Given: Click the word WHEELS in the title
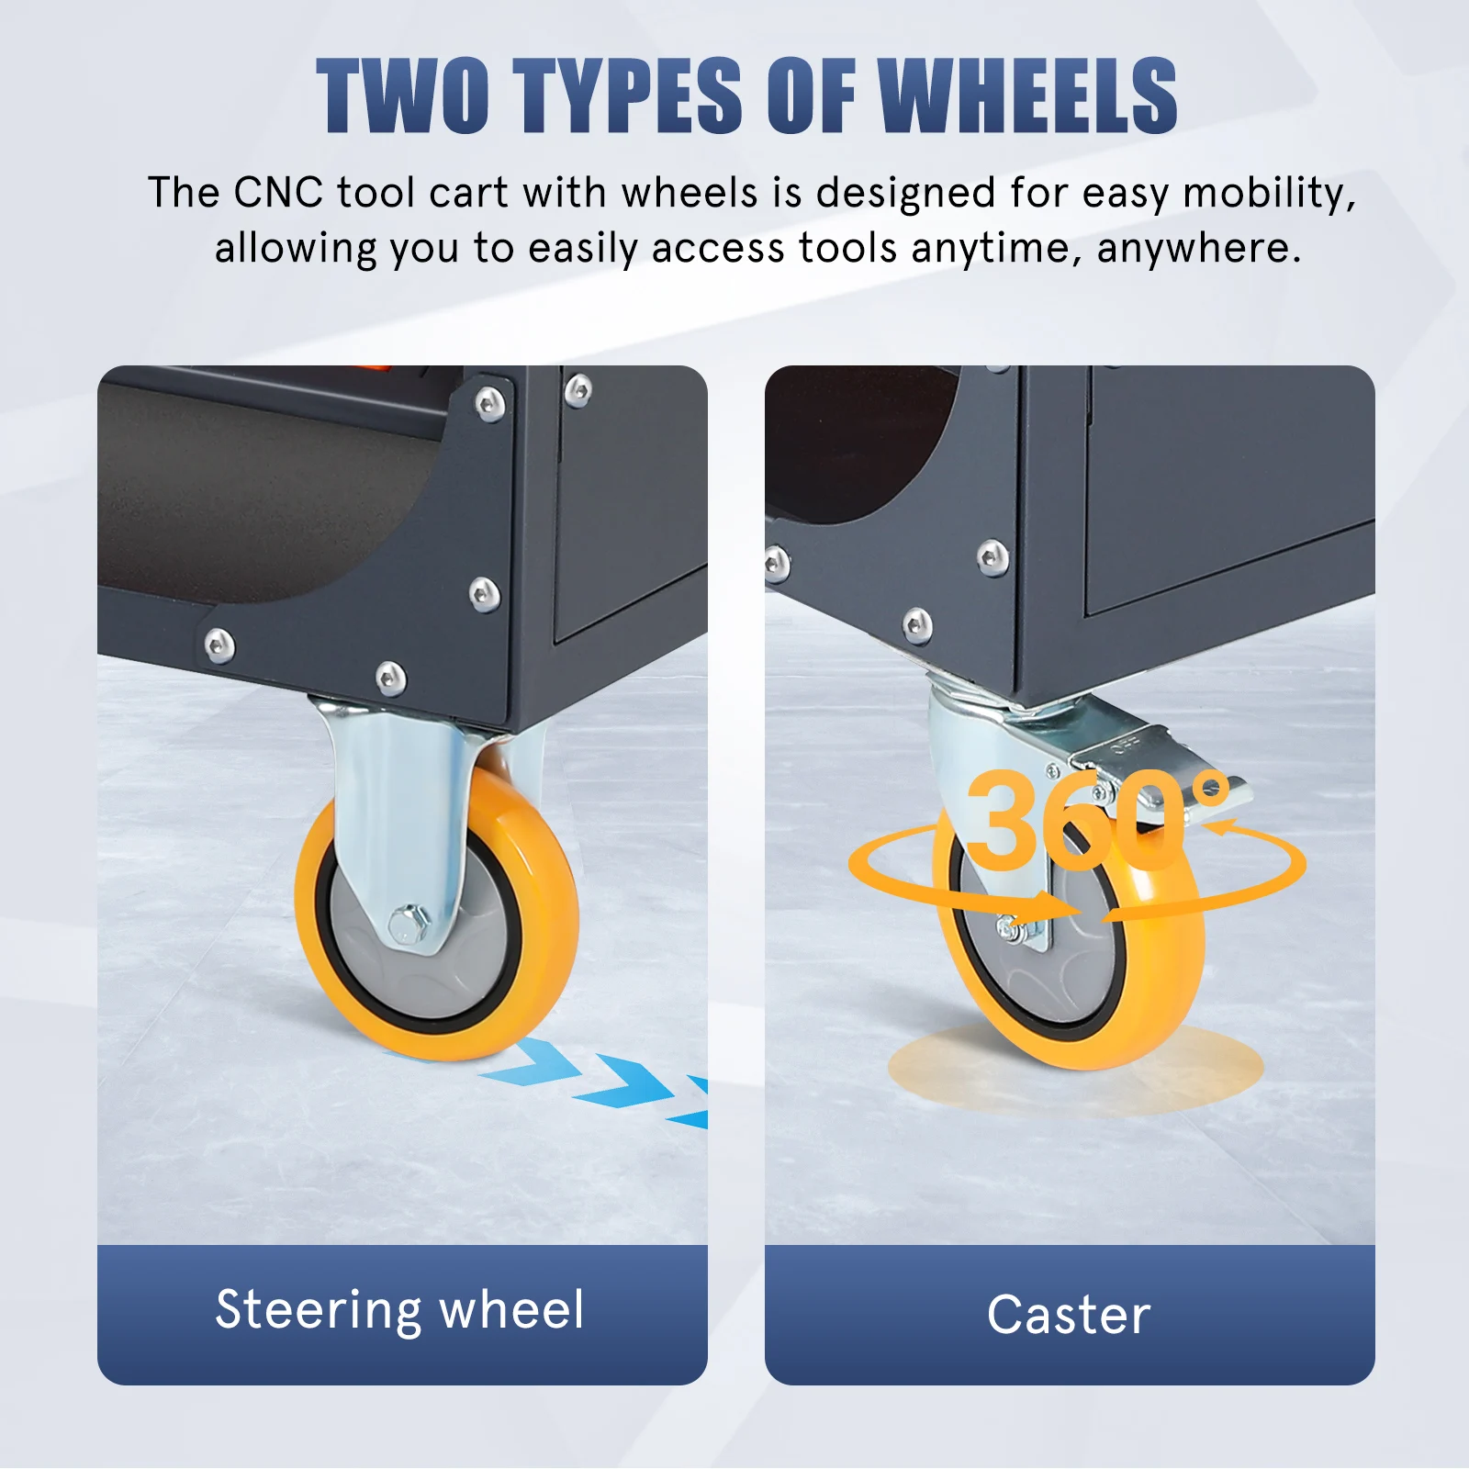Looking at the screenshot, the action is pos(1027,95).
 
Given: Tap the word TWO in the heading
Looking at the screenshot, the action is pos(402,95).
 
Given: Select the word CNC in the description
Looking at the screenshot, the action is pos(278,193).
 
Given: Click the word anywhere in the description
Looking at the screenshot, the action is pos(1198,250).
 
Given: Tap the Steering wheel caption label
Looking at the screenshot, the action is pos(400,1309).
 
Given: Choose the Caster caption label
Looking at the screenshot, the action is pos(1069,1315).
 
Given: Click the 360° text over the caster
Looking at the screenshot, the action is pos(1097,819).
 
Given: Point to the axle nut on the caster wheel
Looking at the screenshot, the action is pos(1011,930).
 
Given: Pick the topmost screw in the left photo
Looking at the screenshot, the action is pos(578,390).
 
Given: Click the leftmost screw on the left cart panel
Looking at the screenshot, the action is pos(219,645).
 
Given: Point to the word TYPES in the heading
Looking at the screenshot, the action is pos(627,95).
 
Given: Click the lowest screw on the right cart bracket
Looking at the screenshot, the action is pos(916,627).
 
